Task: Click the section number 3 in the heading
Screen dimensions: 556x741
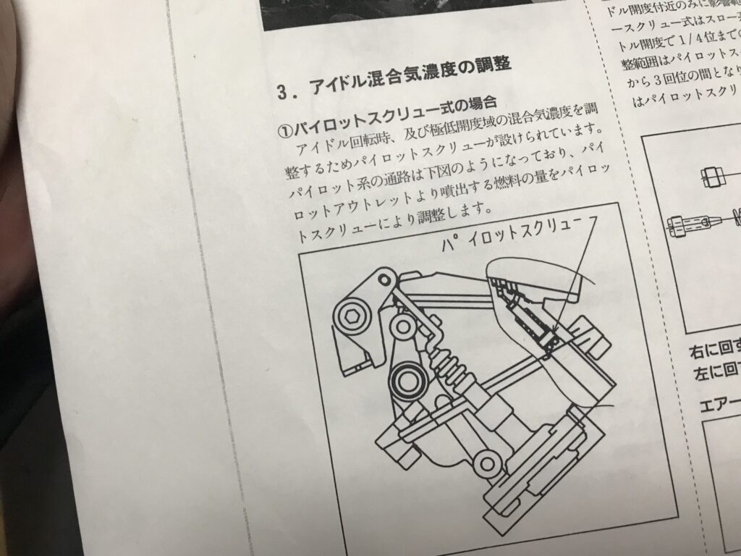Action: [283, 92]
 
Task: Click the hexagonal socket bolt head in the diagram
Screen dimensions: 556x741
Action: [352, 316]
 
